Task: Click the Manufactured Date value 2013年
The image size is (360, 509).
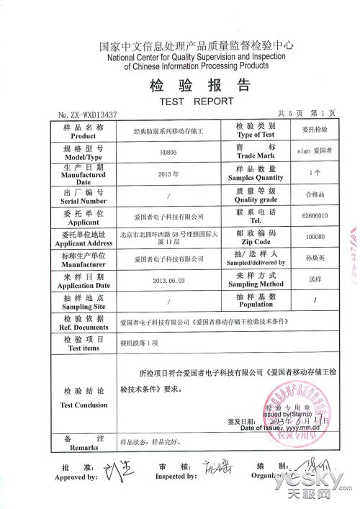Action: (168, 174)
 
